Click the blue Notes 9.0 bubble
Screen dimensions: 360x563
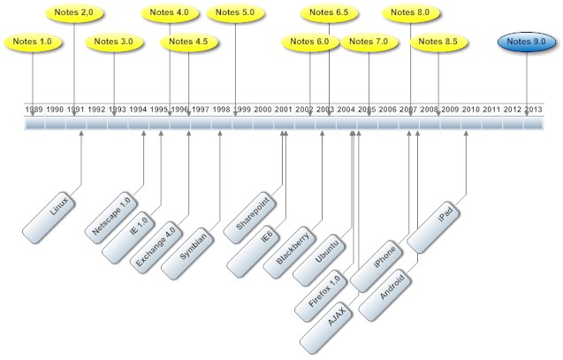526,42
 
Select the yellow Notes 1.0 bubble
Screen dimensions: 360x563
34,42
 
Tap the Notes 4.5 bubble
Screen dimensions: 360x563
188,42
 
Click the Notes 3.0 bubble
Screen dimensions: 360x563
114,42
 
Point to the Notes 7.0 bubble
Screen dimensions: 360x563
369,42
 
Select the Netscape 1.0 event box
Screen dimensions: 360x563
111,217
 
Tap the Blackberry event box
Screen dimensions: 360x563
292,249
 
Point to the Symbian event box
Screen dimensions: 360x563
194,247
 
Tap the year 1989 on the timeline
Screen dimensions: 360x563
34,109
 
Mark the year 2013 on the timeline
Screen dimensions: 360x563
534,109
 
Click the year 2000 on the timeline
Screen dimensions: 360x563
262,109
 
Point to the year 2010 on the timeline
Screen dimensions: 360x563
471,109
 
